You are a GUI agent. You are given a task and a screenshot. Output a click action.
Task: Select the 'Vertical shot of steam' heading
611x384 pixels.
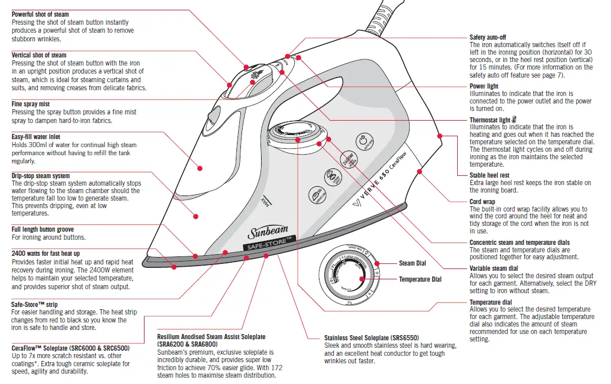[39, 55]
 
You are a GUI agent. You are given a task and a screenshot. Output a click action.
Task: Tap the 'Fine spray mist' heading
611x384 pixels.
[31, 104]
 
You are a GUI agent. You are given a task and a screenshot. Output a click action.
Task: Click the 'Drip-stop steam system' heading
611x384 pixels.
[41, 176]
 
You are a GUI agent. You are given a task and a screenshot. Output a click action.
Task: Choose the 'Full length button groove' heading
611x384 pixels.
[42, 229]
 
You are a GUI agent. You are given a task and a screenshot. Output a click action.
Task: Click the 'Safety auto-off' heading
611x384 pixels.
[488, 37]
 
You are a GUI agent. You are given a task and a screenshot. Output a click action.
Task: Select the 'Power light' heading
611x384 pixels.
[484, 86]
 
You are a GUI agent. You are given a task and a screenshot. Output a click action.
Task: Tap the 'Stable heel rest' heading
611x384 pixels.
[489, 175]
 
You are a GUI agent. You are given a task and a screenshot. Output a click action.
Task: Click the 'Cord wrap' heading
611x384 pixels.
[482, 202]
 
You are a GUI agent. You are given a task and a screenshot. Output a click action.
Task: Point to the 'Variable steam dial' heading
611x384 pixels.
[493, 268]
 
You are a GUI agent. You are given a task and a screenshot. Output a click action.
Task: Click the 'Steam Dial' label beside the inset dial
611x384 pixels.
[412, 263]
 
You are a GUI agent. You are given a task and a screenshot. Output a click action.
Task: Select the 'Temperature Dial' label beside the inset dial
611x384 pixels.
[420, 279]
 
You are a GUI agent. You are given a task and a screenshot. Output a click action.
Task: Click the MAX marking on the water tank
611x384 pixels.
[266, 202]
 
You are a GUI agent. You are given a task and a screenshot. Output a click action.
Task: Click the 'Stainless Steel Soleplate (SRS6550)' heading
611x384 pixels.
[372, 337]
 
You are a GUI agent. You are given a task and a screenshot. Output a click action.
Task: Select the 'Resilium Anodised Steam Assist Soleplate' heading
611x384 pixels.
[211, 336]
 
